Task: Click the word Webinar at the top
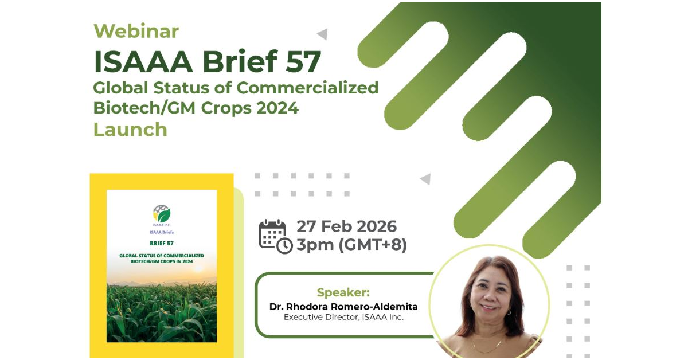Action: pos(136,31)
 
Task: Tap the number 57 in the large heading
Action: pos(303,61)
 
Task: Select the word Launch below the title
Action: pos(130,130)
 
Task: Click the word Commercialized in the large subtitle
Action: pos(307,88)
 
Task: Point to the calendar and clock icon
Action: pos(276,237)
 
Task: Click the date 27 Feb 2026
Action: pos(346,226)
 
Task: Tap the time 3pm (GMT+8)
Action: pos(351,245)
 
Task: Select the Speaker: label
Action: pos(343,292)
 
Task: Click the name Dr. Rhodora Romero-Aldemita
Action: pos(343,307)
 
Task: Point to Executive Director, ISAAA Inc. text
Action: pos(343,318)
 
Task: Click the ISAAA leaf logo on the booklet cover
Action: pos(162,213)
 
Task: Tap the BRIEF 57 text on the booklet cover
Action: pos(162,243)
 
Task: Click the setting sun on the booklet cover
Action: pos(198,268)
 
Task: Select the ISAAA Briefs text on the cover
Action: pos(162,232)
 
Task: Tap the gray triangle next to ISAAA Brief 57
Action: pos(322,34)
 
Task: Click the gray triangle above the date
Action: pos(425,179)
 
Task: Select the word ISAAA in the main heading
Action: pos(143,61)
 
